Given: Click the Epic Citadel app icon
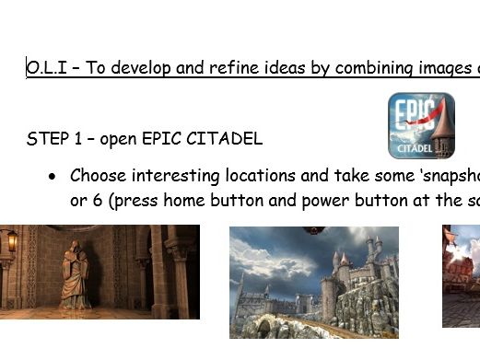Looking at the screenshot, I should [421, 125].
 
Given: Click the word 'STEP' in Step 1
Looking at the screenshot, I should [47, 140].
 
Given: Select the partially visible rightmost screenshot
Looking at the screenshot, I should [461, 276].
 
